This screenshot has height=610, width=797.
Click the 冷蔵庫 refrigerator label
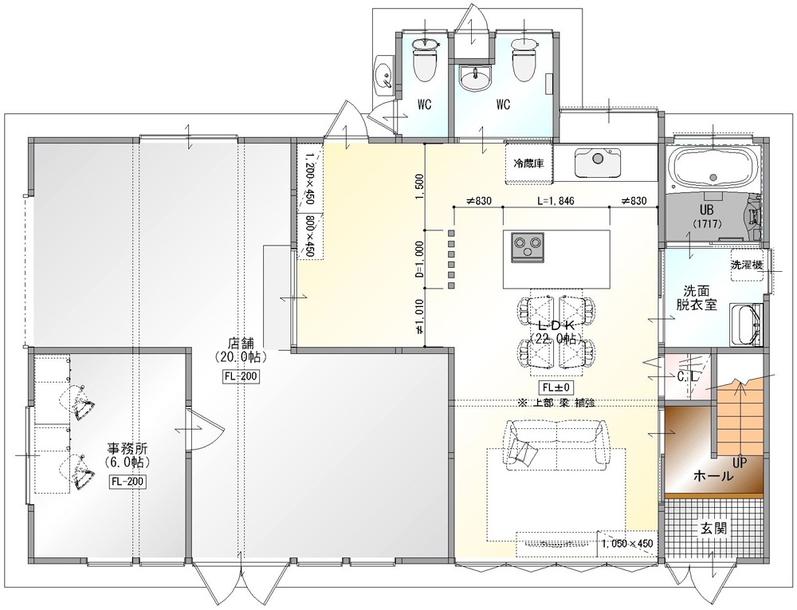pyautogui.click(x=529, y=163)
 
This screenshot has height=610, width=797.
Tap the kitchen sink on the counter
pyautogui.click(x=598, y=163)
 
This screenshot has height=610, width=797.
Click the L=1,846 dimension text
pyautogui.click(x=556, y=201)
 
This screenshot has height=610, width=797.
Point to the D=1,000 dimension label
pyautogui.click(x=419, y=259)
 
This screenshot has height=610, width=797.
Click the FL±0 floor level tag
pyautogui.click(x=556, y=388)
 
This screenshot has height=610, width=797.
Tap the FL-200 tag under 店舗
pyautogui.click(x=241, y=376)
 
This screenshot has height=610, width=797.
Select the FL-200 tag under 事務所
pyautogui.click(x=128, y=482)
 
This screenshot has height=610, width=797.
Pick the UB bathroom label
pyautogui.click(x=706, y=210)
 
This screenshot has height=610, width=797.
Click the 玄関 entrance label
pyautogui.click(x=714, y=528)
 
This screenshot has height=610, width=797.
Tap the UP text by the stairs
pyautogui.click(x=740, y=463)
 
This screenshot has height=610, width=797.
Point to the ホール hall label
pyautogui.click(x=713, y=476)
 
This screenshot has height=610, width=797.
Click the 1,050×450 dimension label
pyautogui.click(x=626, y=544)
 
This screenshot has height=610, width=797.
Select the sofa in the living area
pyautogui.click(x=556, y=441)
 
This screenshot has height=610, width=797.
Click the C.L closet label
pyautogui.click(x=687, y=376)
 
